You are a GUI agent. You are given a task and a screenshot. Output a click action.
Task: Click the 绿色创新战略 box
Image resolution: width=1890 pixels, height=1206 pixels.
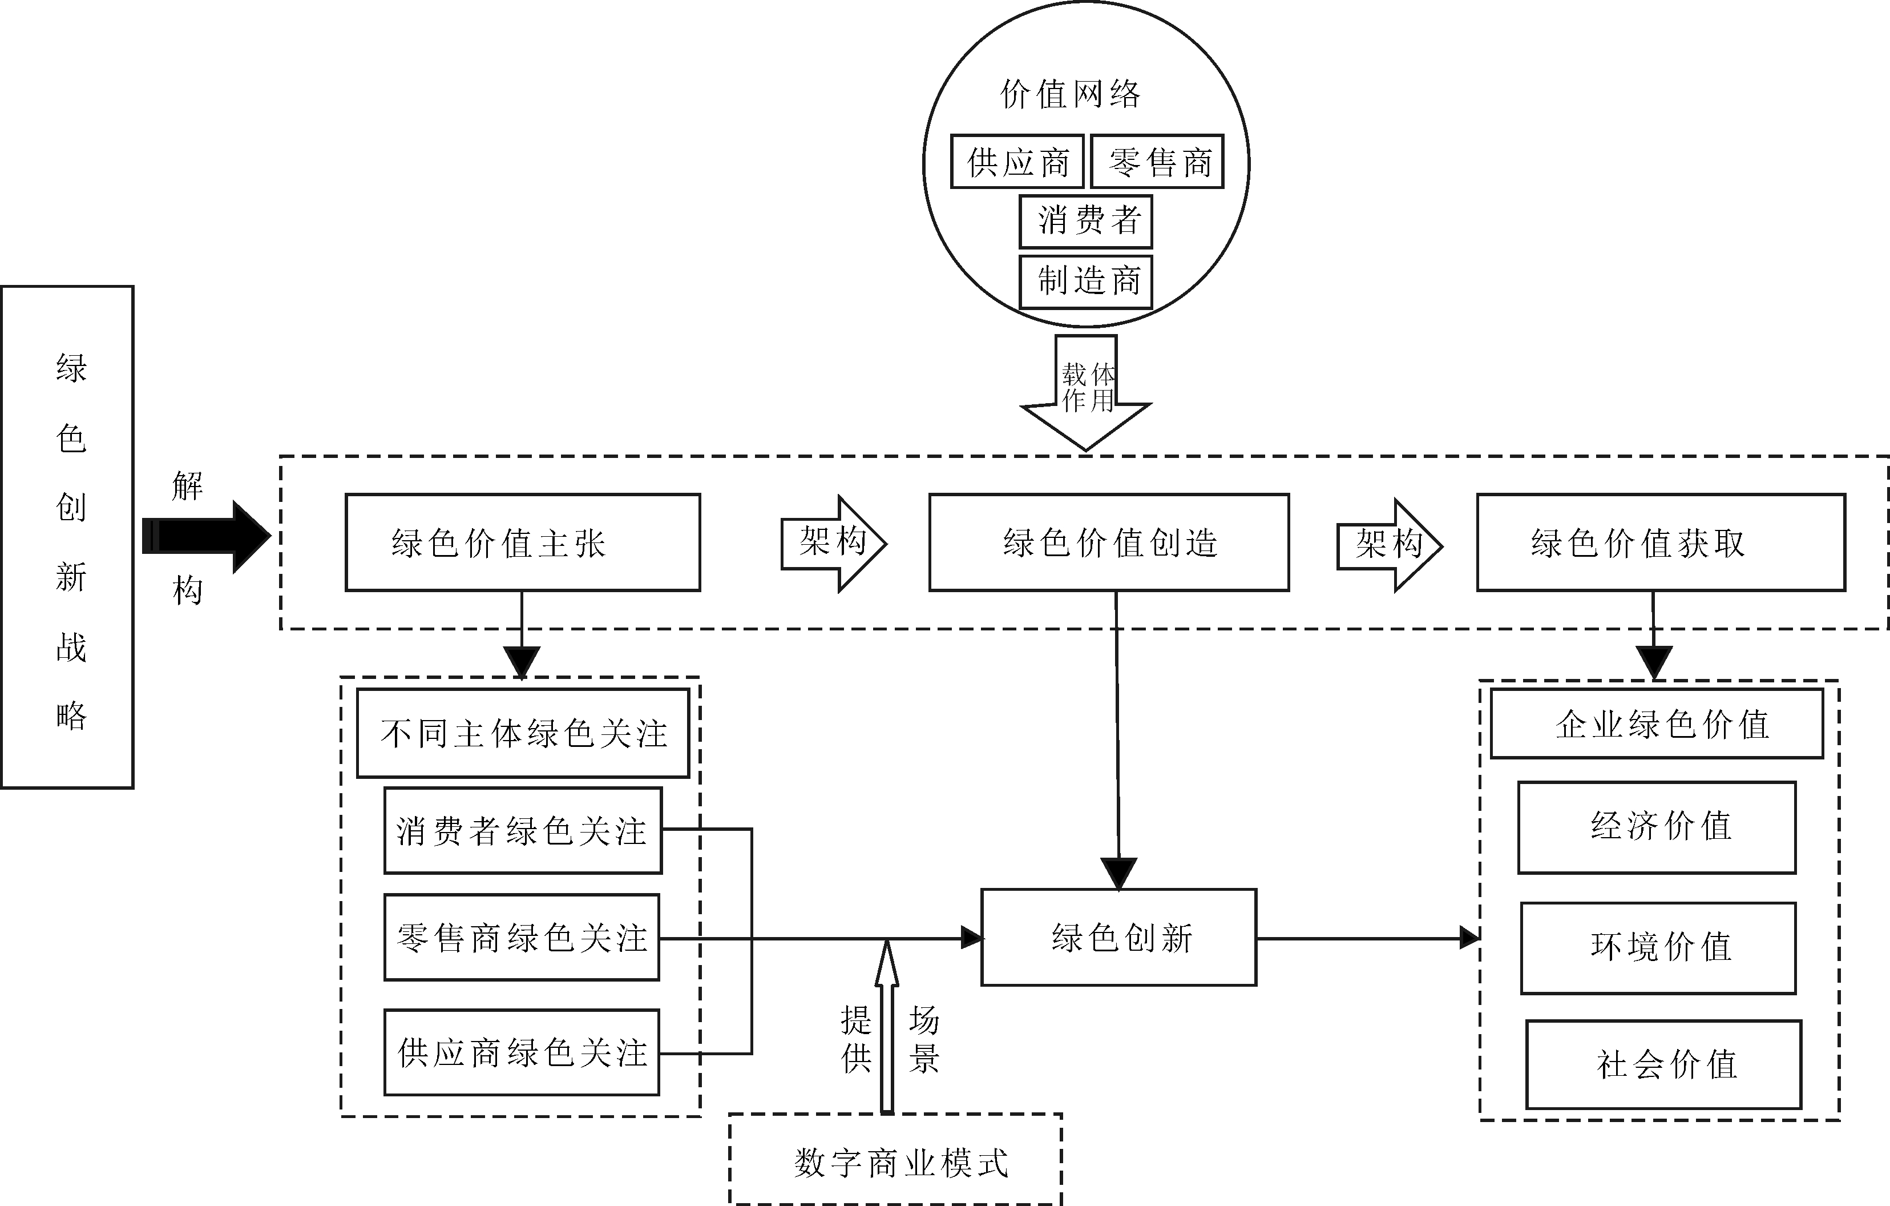click(67, 537)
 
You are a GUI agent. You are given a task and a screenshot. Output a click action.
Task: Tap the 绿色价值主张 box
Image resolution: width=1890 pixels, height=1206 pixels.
click(523, 542)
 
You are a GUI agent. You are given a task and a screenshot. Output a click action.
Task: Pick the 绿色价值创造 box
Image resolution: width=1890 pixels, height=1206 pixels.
click(1109, 542)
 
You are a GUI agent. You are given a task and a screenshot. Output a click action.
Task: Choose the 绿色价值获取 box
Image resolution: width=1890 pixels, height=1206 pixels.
click(1661, 542)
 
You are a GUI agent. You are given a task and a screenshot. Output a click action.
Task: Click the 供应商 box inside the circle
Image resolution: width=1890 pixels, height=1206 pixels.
click(1017, 162)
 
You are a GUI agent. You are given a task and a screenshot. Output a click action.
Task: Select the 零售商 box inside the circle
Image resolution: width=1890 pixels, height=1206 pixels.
click(1158, 162)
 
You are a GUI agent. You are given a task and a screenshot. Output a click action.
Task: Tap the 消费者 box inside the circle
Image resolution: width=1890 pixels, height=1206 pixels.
click(1087, 222)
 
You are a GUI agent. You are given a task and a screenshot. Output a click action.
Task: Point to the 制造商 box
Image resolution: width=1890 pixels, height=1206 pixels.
click(1087, 281)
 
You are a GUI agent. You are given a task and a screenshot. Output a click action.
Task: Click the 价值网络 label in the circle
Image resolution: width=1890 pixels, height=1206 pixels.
click(1071, 94)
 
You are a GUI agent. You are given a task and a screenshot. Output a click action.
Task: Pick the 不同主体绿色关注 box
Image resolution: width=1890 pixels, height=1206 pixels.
click(523, 733)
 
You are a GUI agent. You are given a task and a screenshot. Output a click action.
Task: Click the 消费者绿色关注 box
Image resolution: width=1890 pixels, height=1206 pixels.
click(523, 831)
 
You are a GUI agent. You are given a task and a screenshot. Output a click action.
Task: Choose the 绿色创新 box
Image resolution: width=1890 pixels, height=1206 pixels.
click(1119, 938)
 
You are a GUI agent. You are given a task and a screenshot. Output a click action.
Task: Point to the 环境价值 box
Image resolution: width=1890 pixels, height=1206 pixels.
click(1658, 948)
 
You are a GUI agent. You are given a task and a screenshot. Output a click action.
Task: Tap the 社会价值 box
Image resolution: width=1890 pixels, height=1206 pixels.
click(1664, 1064)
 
